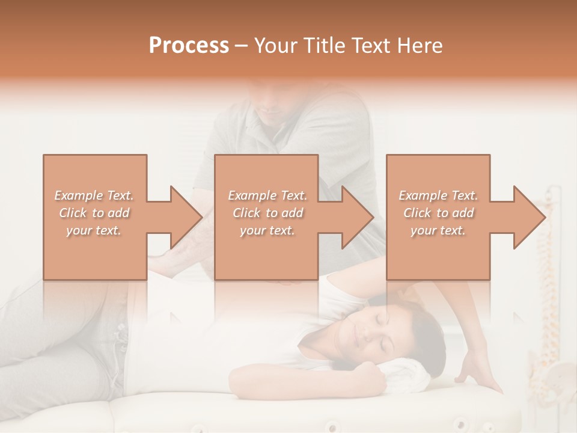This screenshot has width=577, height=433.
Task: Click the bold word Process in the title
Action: [x=189, y=46]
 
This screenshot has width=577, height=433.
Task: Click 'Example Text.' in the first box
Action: [x=94, y=195]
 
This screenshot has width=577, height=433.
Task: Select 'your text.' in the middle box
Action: [x=267, y=230]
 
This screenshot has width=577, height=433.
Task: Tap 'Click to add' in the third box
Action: [x=438, y=213]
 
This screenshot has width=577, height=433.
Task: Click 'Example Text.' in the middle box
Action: [x=267, y=195]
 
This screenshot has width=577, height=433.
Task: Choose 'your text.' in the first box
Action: [x=94, y=230]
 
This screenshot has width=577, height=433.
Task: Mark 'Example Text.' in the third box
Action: [x=438, y=195]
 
